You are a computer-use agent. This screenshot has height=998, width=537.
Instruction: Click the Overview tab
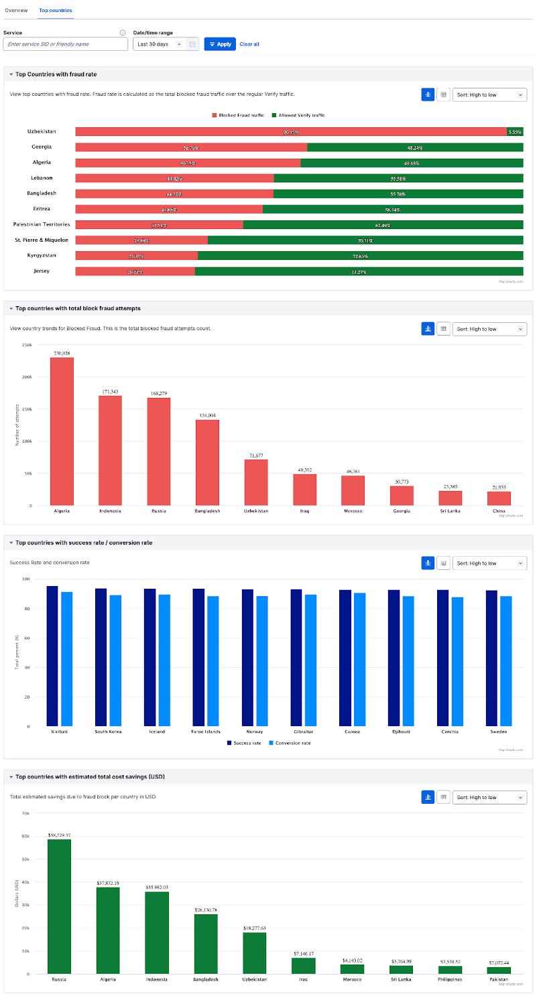point(16,11)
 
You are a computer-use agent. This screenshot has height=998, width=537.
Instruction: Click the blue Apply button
point(220,44)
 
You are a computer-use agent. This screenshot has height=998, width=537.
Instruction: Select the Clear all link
point(249,44)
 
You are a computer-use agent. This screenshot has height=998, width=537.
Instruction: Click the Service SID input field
point(65,44)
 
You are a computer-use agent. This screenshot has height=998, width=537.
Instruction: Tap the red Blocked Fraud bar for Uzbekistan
point(290,132)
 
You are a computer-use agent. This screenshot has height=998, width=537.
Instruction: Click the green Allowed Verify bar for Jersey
point(359,271)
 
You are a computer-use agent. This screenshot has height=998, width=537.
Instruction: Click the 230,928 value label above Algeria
point(62,353)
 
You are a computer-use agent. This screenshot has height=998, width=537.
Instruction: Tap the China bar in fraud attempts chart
point(499,498)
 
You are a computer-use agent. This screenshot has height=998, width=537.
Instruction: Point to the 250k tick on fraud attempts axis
point(27,345)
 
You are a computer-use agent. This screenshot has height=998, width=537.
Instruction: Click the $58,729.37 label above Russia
point(59,835)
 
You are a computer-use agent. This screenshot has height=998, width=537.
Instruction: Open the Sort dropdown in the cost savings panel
point(489,797)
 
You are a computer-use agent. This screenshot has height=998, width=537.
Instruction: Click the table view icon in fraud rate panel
point(443,95)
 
